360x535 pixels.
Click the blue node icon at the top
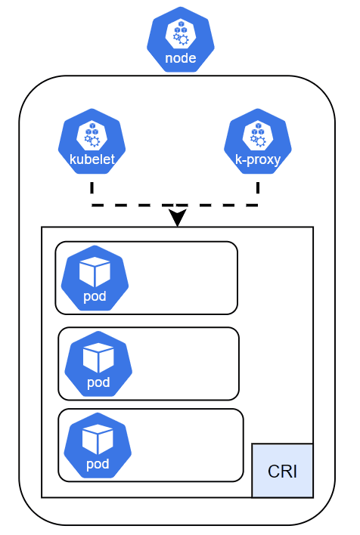(180, 39)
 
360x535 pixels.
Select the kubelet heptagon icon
(92, 141)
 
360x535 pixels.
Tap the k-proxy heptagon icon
(258, 141)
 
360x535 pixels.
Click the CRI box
(282, 470)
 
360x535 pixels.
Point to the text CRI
(282, 472)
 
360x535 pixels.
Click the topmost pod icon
(95, 277)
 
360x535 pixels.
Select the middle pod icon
(98, 363)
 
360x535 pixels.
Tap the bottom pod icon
(98, 445)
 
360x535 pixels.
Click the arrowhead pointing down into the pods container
(177, 218)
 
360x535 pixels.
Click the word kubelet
(92, 159)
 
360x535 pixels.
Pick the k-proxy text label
(258, 159)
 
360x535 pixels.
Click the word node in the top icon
(180, 58)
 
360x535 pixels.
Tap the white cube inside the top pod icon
(95, 271)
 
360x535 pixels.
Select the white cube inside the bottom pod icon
(98, 439)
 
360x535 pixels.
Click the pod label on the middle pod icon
(98, 382)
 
